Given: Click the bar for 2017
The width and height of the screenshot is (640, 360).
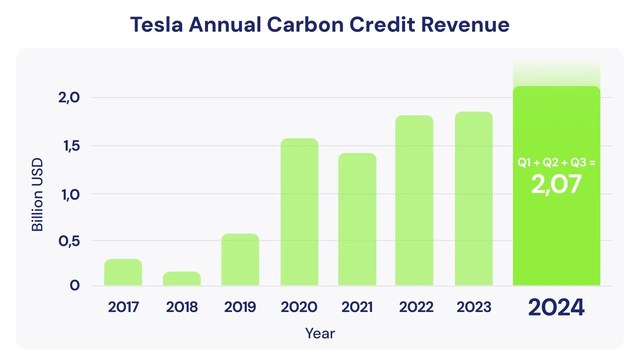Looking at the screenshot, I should (x=123, y=272).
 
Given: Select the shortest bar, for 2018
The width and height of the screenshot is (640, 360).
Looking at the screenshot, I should (x=182, y=279).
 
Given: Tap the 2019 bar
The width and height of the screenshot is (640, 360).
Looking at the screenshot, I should (x=240, y=260).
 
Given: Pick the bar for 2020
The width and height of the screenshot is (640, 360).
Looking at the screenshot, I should (x=299, y=212).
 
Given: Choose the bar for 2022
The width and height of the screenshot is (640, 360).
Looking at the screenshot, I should (x=414, y=200).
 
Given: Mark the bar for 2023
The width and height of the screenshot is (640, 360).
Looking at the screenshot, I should (x=474, y=199).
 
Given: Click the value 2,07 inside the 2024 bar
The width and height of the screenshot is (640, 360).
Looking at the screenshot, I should (x=556, y=184).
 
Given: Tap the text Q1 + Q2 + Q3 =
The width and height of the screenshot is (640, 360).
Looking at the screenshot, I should (x=556, y=163).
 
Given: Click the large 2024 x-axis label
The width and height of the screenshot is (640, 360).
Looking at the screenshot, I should (x=556, y=307).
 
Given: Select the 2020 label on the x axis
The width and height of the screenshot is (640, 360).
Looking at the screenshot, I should (x=299, y=307).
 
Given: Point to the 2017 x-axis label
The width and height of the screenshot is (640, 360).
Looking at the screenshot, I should (x=123, y=307).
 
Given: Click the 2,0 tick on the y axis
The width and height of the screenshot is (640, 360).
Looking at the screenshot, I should (x=69, y=98).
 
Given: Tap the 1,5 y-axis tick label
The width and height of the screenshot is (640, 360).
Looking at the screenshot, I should (x=72, y=146).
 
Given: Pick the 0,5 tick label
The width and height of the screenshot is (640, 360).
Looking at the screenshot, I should (x=69, y=241).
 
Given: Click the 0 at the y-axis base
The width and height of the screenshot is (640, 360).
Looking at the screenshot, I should (x=75, y=285).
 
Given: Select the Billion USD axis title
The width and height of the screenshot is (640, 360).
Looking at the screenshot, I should (x=37, y=195).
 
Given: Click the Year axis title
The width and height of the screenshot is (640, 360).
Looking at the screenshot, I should (x=320, y=333).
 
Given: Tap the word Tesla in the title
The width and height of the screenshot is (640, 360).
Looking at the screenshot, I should (x=156, y=25).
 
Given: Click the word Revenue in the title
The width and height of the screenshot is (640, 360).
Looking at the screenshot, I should (x=465, y=25).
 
